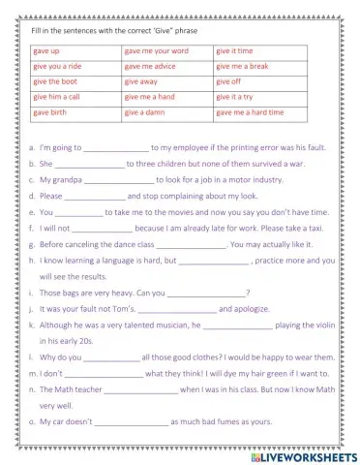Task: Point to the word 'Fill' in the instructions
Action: click(25, 30)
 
